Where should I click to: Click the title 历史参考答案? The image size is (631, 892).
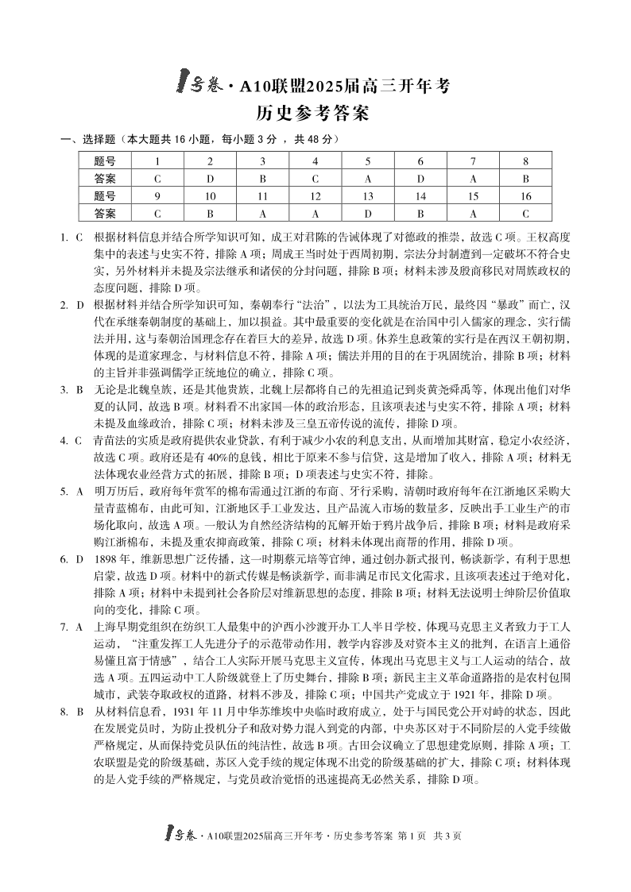click(x=316, y=114)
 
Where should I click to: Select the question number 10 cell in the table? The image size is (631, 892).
click(x=210, y=195)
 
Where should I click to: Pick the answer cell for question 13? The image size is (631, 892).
click(x=367, y=212)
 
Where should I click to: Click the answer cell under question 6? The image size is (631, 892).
click(x=420, y=178)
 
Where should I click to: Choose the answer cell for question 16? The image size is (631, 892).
click(x=525, y=212)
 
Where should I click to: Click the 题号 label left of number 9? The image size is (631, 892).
click(x=105, y=195)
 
